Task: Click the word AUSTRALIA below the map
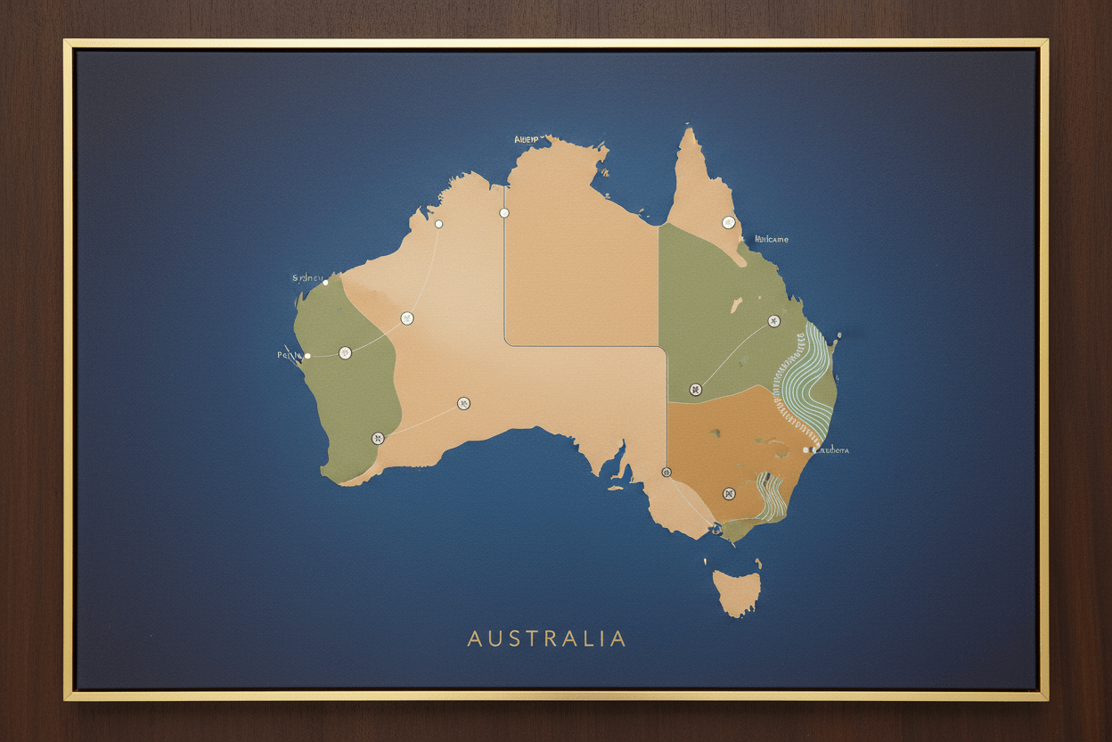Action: point(546,639)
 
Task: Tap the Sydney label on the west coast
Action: point(307,278)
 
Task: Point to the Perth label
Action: point(290,355)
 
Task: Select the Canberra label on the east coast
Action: point(831,450)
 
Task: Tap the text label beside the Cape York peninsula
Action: point(771,239)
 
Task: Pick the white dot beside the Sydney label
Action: point(325,283)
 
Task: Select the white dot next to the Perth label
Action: point(307,356)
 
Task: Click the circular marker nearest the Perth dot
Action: point(345,353)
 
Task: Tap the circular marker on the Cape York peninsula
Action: point(728,223)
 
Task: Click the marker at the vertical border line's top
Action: point(504,213)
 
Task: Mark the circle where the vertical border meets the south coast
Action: point(666,472)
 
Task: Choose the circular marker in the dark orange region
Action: point(729,493)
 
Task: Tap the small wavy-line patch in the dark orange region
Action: point(772,496)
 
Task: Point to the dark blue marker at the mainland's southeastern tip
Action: point(712,532)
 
